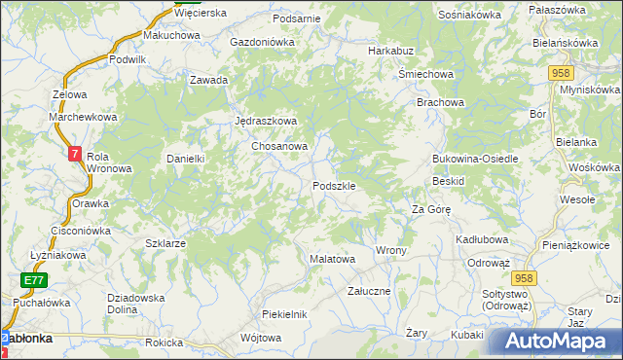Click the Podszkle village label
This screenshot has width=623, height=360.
pyautogui.click(x=340, y=186)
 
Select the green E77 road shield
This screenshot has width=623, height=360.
pyautogui.click(x=35, y=280)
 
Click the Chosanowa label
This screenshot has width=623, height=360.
pyautogui.click(x=280, y=146)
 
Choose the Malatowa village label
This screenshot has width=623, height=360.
pyautogui.click(x=332, y=260)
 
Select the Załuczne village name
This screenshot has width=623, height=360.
pyautogui.click(x=370, y=291)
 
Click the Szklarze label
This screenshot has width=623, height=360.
pyautogui.click(x=165, y=243)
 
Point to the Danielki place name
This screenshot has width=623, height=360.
pyautogui.click(x=185, y=159)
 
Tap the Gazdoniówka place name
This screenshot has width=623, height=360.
pyautogui.click(x=262, y=43)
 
